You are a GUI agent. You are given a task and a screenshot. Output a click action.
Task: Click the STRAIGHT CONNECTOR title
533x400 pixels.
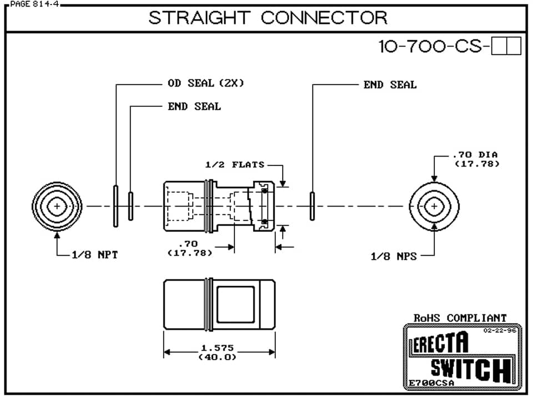click(268, 18)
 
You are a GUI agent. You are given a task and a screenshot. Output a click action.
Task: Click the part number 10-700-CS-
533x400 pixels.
click(434, 47)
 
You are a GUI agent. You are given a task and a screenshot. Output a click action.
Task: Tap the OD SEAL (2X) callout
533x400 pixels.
click(206, 83)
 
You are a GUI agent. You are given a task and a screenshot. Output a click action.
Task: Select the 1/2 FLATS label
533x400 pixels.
click(235, 164)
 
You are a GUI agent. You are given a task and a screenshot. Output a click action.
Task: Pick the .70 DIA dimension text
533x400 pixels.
click(475, 154)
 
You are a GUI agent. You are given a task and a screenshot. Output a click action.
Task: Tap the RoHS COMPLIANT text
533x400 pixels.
click(460, 318)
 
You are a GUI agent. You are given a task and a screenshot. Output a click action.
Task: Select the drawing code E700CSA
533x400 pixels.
click(431, 383)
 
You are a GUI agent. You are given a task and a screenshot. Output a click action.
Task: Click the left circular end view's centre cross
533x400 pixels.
click(57, 206)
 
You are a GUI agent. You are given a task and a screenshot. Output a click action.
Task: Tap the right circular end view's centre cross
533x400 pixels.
click(434, 206)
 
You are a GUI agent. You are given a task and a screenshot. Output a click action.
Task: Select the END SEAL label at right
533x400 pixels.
click(390, 85)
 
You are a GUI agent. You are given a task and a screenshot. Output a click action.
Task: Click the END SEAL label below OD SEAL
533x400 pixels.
click(194, 107)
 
